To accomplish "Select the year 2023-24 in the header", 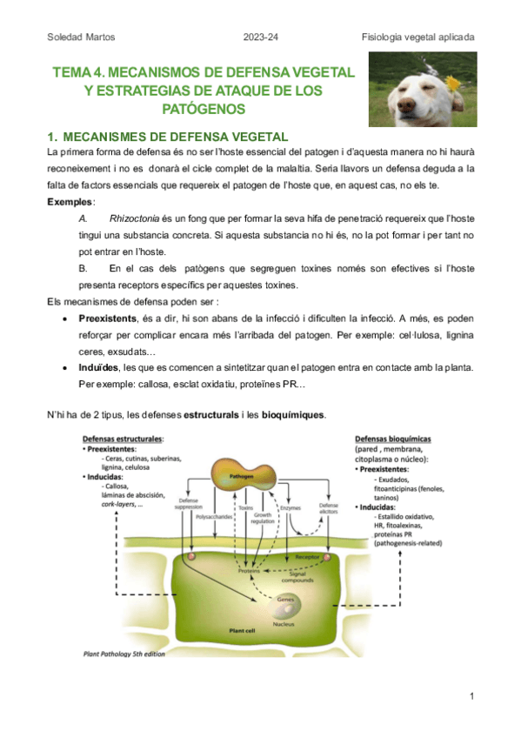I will point(261,37).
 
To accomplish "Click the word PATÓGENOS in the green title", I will point(204,109).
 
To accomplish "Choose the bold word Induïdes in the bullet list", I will point(99,368).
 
